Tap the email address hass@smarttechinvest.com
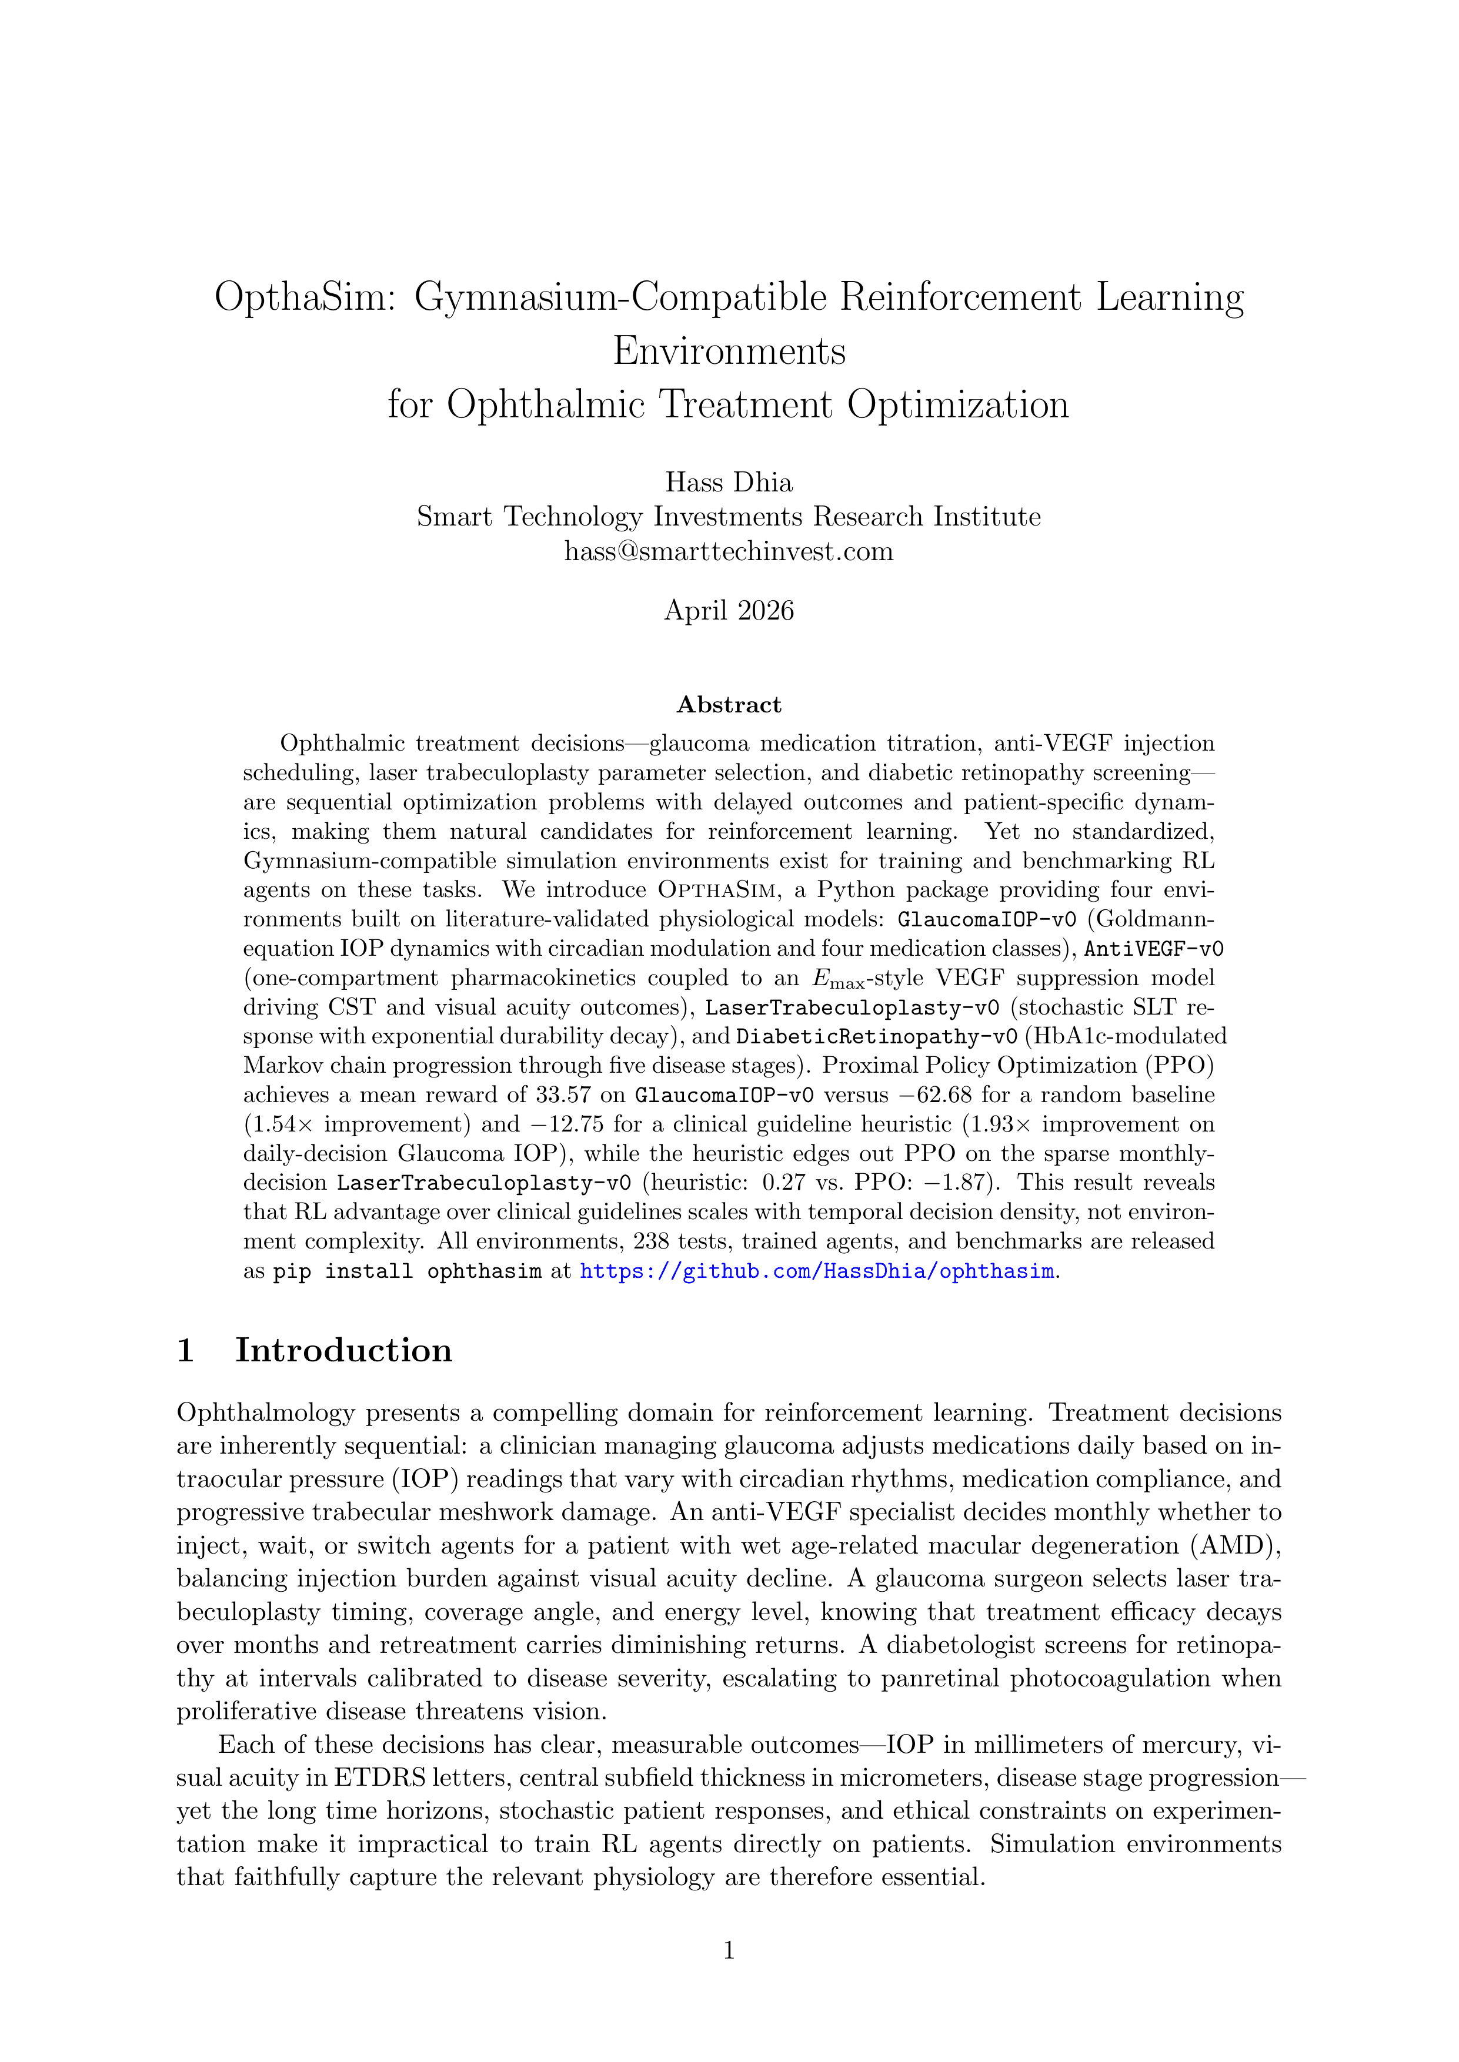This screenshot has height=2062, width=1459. click(729, 551)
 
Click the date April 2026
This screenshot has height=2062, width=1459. click(729, 611)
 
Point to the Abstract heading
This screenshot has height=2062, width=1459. click(729, 705)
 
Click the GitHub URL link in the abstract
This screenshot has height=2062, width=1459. click(817, 1271)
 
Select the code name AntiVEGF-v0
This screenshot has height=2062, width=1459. click(1154, 949)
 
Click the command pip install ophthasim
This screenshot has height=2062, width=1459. click(407, 1271)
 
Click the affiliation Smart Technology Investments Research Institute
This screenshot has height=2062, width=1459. click(729, 517)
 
